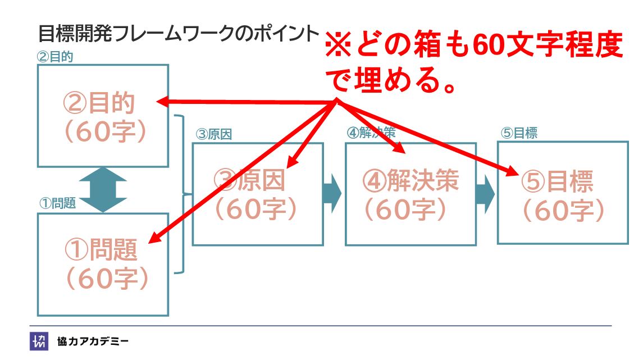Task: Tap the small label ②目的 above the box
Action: (55, 57)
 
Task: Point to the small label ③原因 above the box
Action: (213, 134)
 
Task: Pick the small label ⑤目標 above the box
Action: (519, 134)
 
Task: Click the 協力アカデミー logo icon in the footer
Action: (39, 341)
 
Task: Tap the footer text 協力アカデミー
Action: (93, 341)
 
